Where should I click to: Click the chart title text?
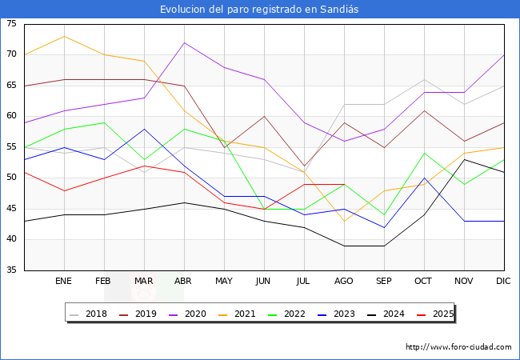(x=259, y=10)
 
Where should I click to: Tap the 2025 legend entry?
(x=435, y=314)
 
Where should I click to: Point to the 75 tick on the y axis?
(x=12, y=24)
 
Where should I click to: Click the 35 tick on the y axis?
(x=12, y=270)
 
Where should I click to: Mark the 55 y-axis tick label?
(x=12, y=147)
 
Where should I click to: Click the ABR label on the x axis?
(x=184, y=282)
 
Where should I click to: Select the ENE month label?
(x=64, y=282)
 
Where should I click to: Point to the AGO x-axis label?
(x=344, y=282)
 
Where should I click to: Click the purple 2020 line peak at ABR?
(x=185, y=42)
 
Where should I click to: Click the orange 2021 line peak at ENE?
(x=64, y=36)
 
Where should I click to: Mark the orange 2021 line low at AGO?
(x=344, y=221)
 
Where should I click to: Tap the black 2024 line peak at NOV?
(x=464, y=159)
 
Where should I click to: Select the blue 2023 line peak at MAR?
(x=144, y=129)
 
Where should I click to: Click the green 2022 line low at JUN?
(x=264, y=209)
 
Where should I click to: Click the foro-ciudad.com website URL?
(x=458, y=347)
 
